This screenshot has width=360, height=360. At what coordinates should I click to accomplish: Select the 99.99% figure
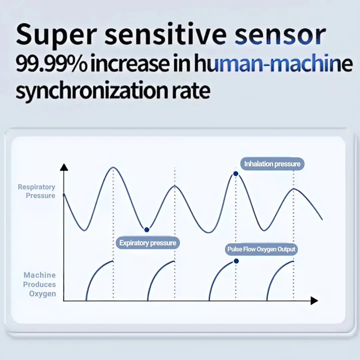click(x=51, y=63)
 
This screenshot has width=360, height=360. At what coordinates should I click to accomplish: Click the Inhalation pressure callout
click(x=272, y=164)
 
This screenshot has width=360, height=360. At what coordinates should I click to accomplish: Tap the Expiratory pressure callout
click(x=148, y=243)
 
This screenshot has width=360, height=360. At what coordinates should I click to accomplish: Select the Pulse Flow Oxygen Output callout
click(x=261, y=249)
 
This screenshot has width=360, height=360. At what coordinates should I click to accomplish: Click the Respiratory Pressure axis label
click(x=37, y=191)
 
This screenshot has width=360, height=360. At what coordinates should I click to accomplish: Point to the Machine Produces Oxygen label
click(x=39, y=284)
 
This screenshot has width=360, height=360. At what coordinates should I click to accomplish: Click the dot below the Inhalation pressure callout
click(x=236, y=174)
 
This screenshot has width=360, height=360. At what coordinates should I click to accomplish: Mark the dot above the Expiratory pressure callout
click(x=147, y=230)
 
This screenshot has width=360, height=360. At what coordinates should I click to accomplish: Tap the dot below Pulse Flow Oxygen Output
click(x=236, y=261)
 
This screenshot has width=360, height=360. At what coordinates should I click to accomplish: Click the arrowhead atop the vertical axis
click(x=64, y=167)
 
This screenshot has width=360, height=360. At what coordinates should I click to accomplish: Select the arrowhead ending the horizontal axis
click(x=314, y=301)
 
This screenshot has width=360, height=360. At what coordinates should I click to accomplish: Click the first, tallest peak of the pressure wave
click(x=113, y=167)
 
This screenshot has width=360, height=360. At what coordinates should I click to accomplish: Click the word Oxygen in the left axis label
click(x=42, y=294)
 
